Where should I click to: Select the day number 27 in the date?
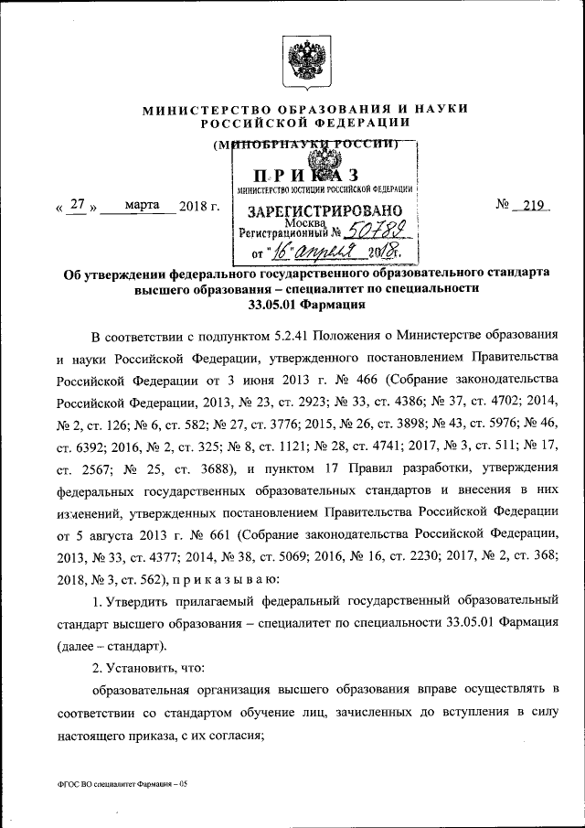pyautogui.click(x=78, y=206)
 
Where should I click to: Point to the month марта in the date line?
pyautogui.click(x=139, y=206)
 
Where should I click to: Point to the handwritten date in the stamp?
pyautogui.click(x=325, y=252)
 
